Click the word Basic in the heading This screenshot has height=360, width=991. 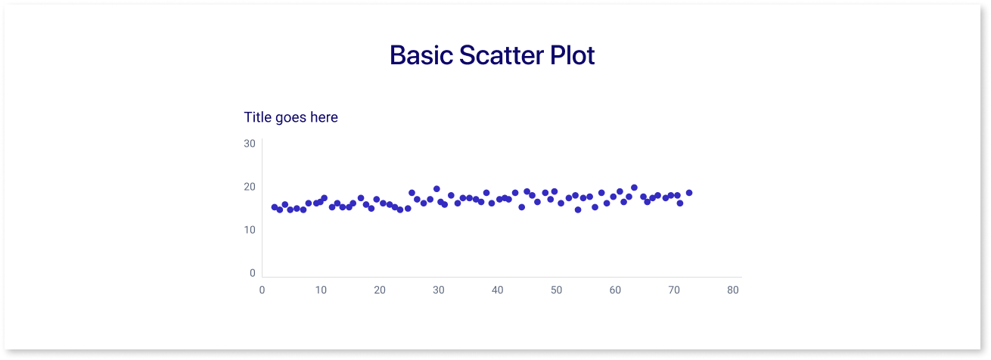(x=421, y=55)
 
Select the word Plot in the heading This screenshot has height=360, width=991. (x=573, y=55)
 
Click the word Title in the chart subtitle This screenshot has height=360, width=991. (x=257, y=117)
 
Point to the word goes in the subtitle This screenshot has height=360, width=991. (x=290, y=119)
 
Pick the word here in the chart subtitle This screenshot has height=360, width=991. (x=324, y=117)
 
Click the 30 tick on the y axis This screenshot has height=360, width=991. (x=250, y=143)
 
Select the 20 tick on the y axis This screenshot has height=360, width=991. (x=250, y=187)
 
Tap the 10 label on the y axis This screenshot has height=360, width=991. (x=250, y=230)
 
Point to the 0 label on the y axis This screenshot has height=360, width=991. (x=253, y=273)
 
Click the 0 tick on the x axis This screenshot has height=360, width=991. (x=262, y=290)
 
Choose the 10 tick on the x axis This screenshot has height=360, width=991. (x=321, y=290)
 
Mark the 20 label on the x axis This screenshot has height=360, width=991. (x=380, y=290)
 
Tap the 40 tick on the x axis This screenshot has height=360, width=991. (x=497, y=290)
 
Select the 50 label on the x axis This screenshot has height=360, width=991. (x=556, y=290)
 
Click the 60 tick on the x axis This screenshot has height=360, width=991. (x=615, y=290)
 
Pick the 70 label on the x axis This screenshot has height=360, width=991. (x=674, y=290)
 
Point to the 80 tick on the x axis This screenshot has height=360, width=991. (x=732, y=290)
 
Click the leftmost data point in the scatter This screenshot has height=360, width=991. (x=275, y=207)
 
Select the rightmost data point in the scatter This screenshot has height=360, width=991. (x=689, y=193)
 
